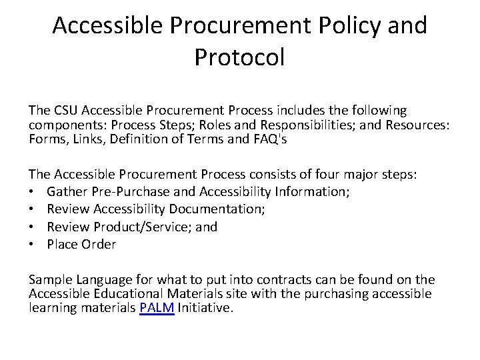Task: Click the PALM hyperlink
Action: (157, 308)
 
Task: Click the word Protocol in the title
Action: (239, 57)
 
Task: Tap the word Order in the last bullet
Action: (99, 245)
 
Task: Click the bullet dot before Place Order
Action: (32, 245)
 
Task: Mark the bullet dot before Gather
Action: (32, 192)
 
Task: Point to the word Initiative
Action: (205, 308)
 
